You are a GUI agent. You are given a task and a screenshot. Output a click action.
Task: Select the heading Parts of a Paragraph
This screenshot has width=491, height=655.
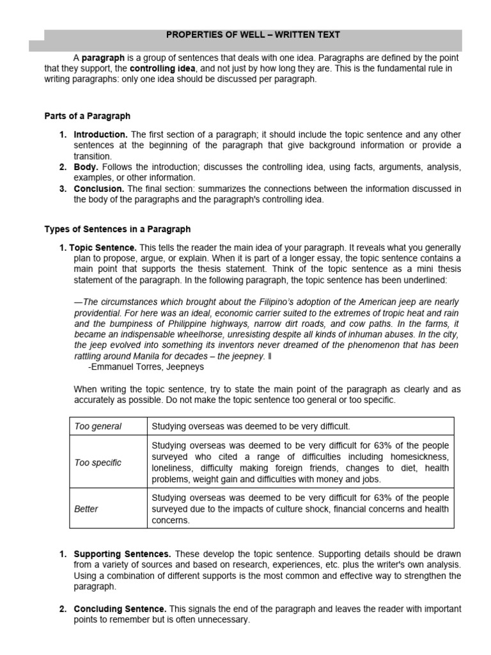point(87,116)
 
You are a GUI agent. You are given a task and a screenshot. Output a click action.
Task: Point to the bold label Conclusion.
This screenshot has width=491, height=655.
point(99,189)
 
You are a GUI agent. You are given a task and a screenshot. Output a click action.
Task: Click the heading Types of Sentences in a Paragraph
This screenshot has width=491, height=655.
point(117,229)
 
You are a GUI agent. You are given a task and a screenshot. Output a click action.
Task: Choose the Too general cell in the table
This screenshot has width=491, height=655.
point(98,426)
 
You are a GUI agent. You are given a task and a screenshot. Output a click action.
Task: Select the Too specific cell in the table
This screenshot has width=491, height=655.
point(98,462)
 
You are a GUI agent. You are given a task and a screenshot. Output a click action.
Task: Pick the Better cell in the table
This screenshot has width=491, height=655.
point(86,509)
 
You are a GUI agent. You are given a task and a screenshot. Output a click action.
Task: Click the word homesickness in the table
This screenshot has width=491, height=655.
point(418,457)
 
